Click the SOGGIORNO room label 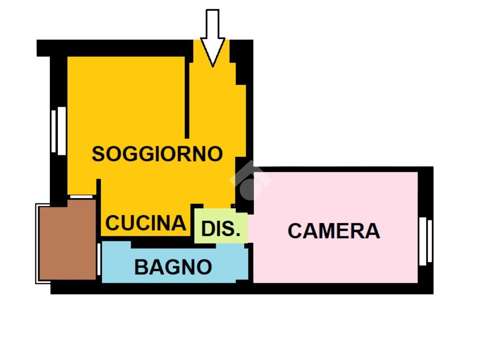click(x=157, y=154)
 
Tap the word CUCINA click(x=146, y=223)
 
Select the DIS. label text click(x=221, y=229)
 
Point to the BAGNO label click(x=173, y=267)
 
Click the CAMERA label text click(x=333, y=231)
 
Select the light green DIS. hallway click(x=221, y=226)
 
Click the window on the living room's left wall click(x=58, y=131)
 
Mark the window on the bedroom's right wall click(x=425, y=241)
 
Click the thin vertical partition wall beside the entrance click(x=188, y=100)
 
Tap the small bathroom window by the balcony click(x=99, y=259)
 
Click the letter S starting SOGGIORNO click(x=98, y=154)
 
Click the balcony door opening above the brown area click(x=82, y=196)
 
